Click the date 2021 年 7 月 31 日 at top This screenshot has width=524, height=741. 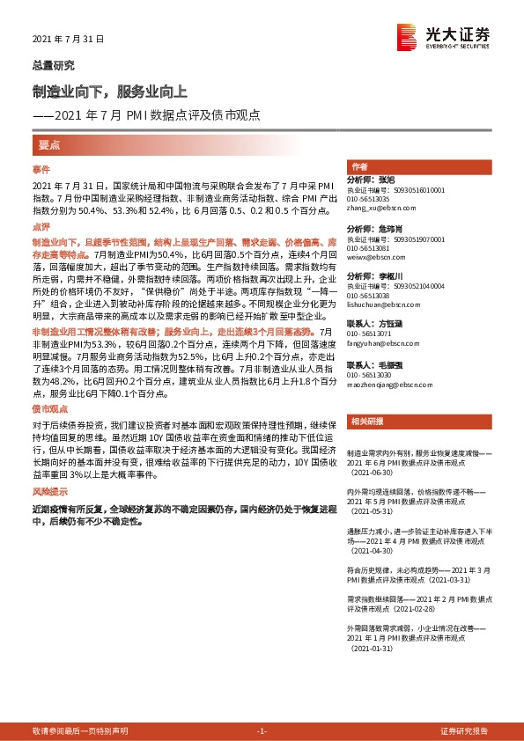(68, 40)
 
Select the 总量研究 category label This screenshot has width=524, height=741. (53, 65)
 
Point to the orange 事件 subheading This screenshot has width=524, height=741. (41, 168)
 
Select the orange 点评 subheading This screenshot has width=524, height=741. (41, 226)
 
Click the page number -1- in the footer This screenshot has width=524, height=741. (262, 730)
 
